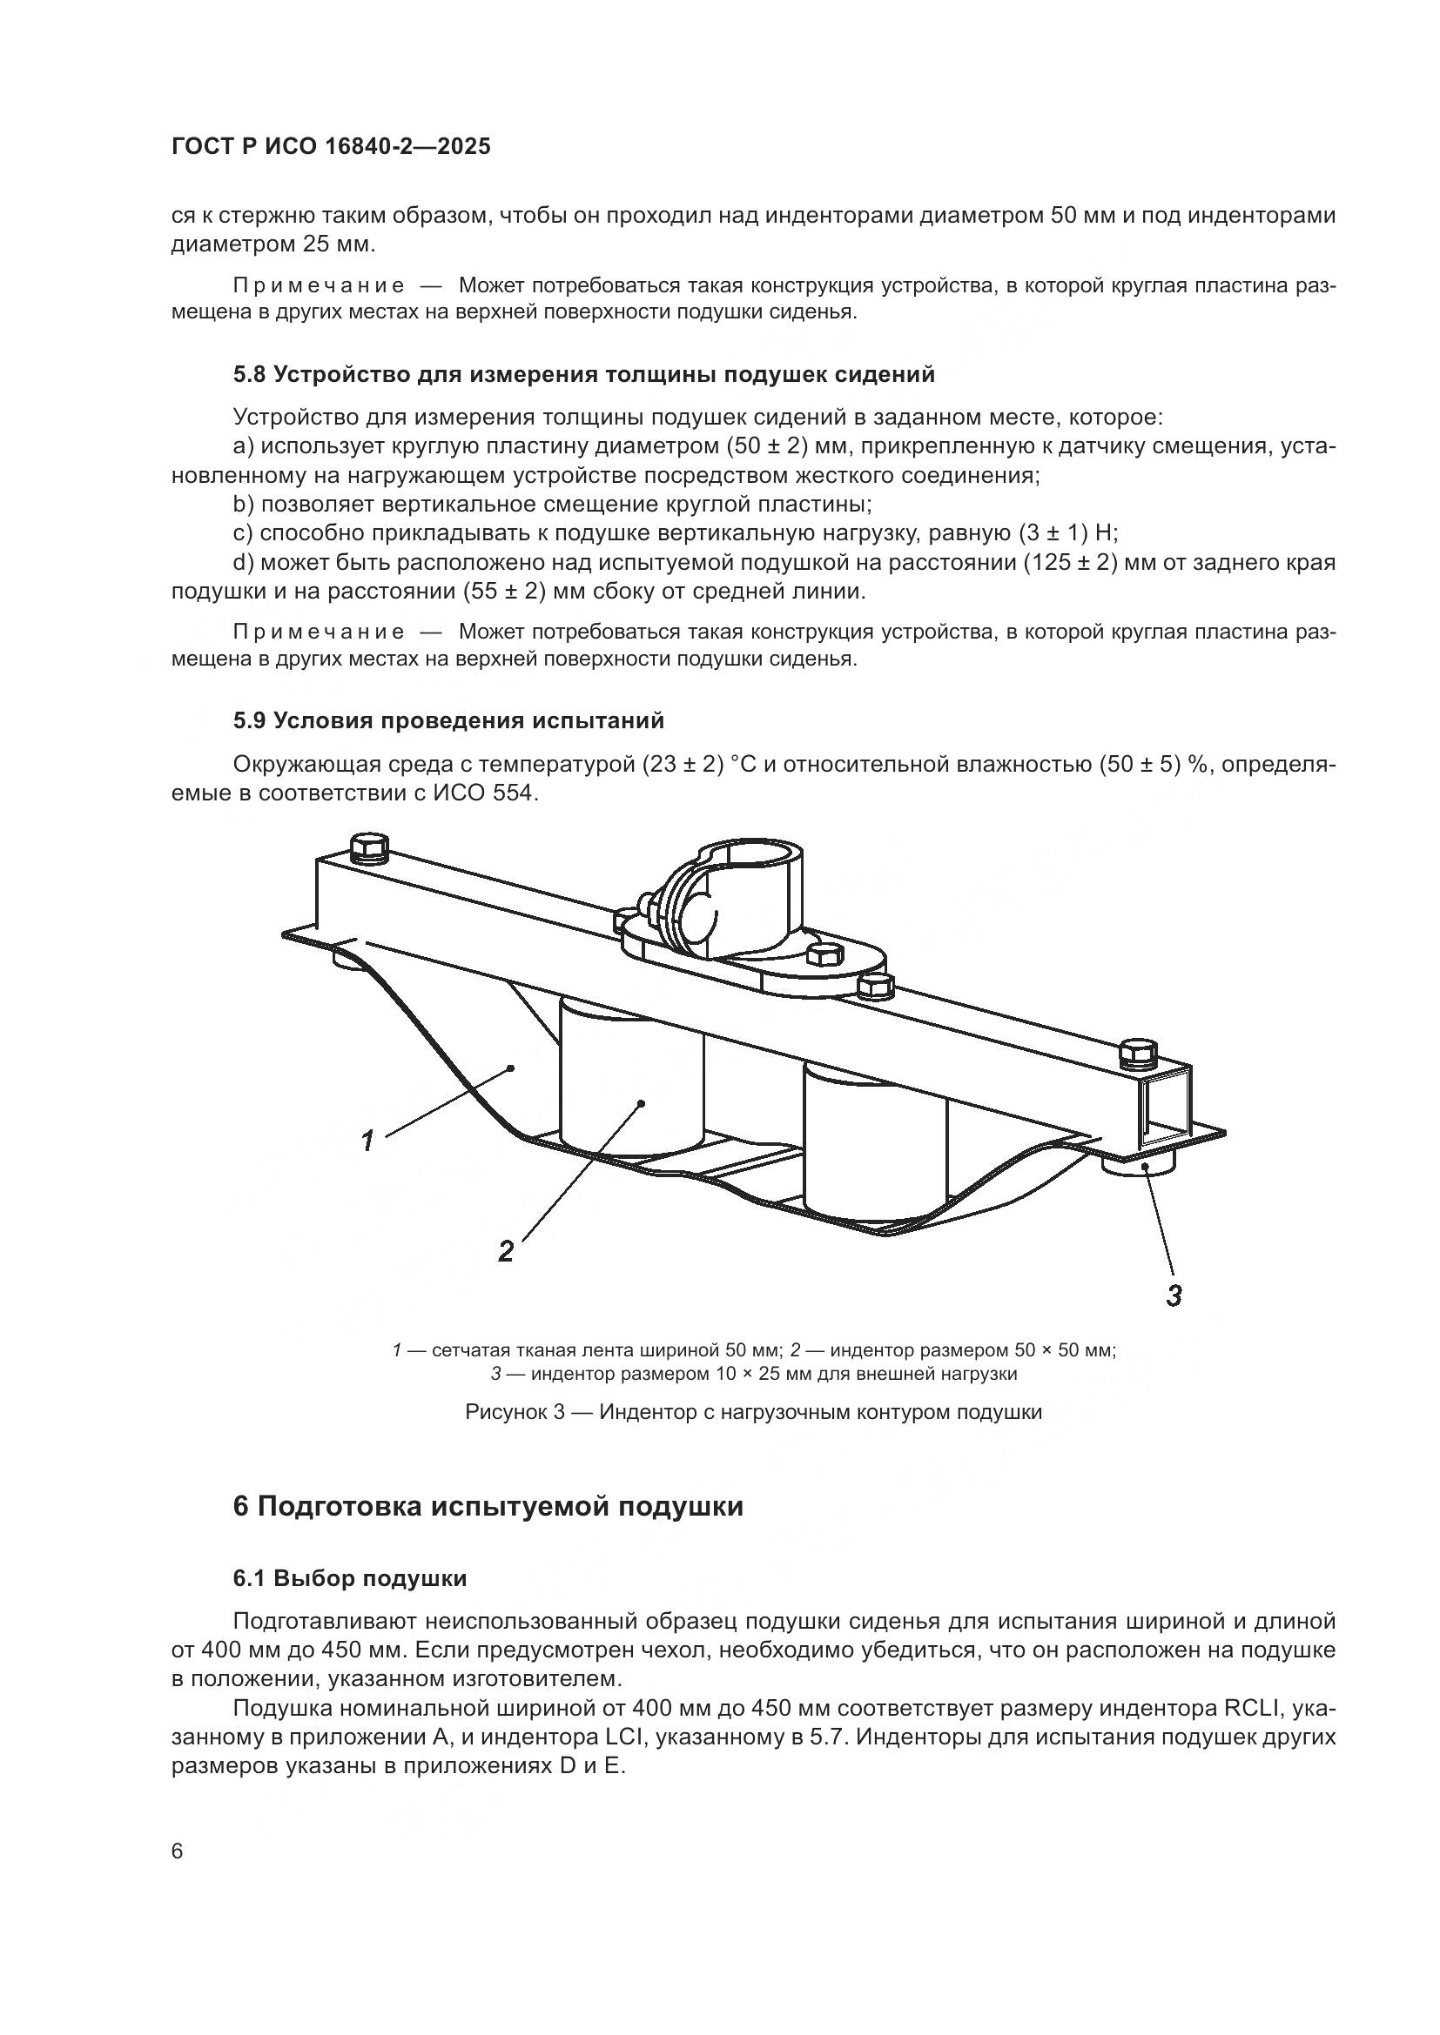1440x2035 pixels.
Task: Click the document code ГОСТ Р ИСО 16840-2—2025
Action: pos(330,147)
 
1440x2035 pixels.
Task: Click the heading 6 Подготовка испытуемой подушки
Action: pos(488,1507)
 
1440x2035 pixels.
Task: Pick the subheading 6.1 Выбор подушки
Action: pos(349,1578)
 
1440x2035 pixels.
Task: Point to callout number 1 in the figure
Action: pos(367,1139)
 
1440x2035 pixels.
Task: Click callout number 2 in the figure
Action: pos(506,1250)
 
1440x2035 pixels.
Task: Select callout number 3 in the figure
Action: pos(1173,1295)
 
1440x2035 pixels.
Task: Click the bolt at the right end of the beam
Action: pos(1138,1052)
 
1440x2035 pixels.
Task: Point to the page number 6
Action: pos(178,1851)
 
